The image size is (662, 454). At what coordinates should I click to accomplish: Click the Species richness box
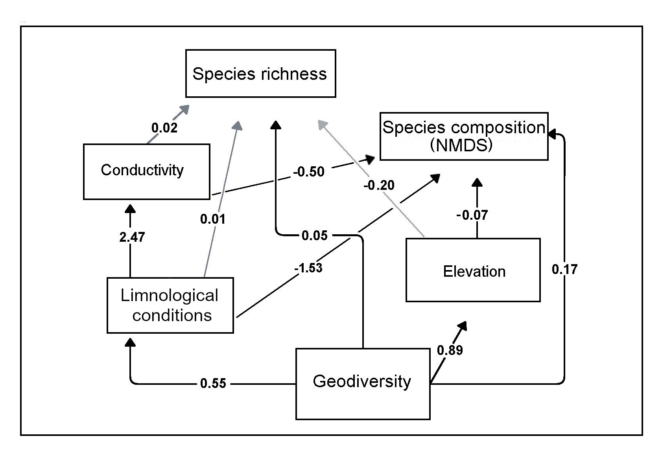[x=260, y=74]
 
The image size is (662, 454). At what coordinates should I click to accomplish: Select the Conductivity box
[x=146, y=171]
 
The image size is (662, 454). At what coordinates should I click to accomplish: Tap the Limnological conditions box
[x=170, y=305]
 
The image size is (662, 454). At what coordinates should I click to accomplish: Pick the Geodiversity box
[x=362, y=383]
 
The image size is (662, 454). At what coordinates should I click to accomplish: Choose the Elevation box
[x=473, y=270]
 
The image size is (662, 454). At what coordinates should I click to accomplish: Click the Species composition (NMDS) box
[x=463, y=136]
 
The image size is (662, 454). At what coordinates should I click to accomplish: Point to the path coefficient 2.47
[x=132, y=237]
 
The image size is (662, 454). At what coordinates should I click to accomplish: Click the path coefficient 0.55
[x=213, y=383]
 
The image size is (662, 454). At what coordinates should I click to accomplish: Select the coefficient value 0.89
[x=450, y=350]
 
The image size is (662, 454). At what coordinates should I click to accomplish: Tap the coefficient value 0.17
[x=564, y=269]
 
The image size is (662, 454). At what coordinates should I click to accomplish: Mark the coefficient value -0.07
[x=472, y=215]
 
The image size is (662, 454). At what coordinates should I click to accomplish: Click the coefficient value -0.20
[x=379, y=185]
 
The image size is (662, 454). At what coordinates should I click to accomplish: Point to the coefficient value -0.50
[x=309, y=172]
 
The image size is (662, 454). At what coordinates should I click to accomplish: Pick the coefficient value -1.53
[x=308, y=268]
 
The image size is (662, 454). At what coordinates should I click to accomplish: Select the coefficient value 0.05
[x=315, y=235]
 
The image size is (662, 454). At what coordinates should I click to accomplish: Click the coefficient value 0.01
[x=213, y=219]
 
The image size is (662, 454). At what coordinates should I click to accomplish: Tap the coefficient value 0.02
[x=164, y=128]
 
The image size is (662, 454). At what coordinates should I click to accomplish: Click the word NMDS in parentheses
[x=461, y=145]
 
